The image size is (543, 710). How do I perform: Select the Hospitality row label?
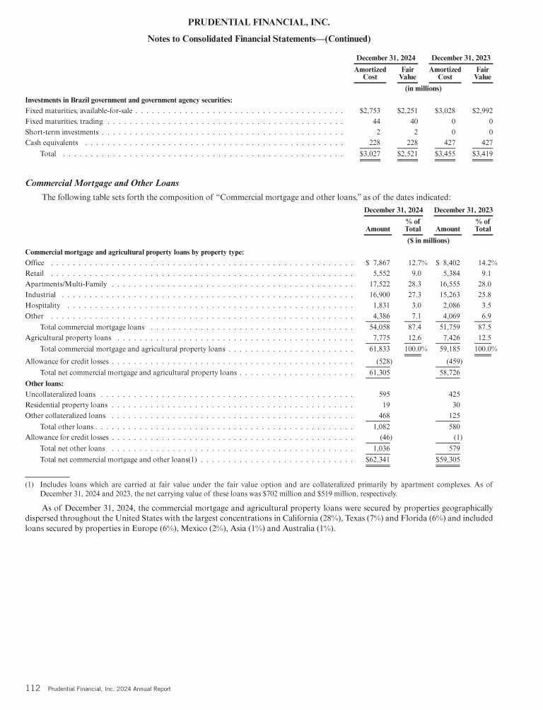click(42, 305)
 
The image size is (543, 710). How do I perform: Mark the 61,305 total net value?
click(381, 372)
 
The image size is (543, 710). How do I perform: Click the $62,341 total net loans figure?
click(379, 460)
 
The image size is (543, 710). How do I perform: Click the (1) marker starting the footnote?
click(29, 484)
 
